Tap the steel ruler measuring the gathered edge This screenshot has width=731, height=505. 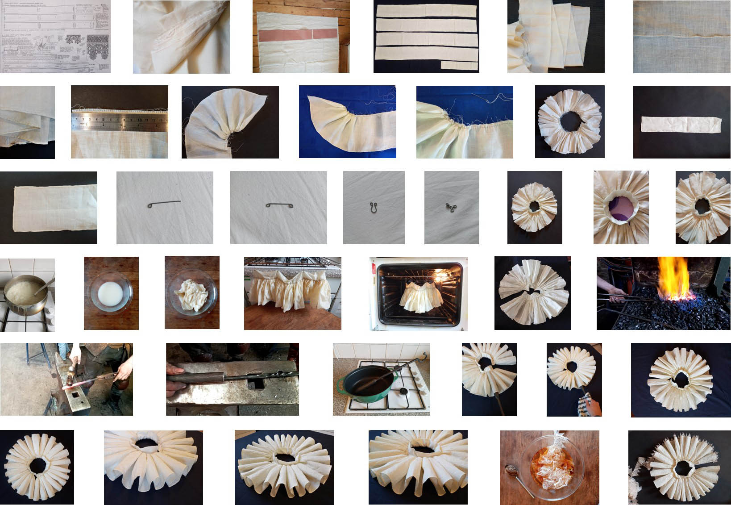[119, 121]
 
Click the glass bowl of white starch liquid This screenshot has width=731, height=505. [111, 296]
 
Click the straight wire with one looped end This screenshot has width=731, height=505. [164, 204]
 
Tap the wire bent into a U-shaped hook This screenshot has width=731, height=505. [373, 207]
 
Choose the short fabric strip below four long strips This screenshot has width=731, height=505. [459, 65]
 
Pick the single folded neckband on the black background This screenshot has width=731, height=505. [681, 124]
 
